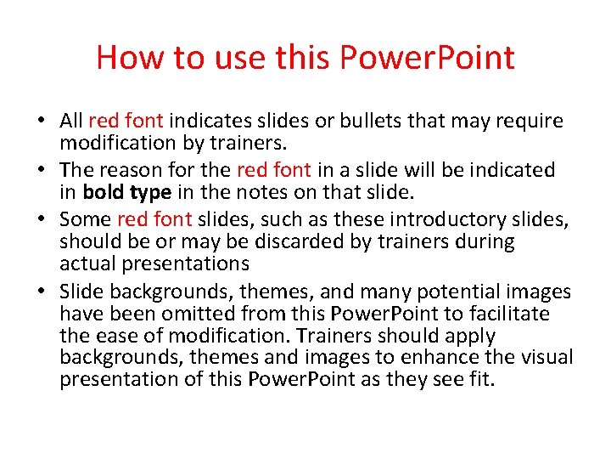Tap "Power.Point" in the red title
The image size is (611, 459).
[x=426, y=58]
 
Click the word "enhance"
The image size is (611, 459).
[x=447, y=357]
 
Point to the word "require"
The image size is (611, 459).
[x=530, y=121]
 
